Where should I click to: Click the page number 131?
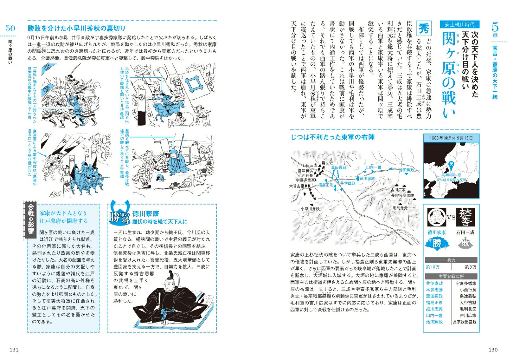point(14,350)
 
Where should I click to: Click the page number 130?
point(493,350)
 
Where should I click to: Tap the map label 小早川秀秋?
point(310,209)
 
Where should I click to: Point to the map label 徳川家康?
point(367,179)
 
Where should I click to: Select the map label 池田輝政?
point(407,170)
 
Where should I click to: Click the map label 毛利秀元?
point(400,208)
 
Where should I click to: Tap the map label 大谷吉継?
point(297,186)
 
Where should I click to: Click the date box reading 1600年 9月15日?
point(451,138)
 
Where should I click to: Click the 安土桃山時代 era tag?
point(459,24)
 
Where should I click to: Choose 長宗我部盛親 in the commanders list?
point(465,322)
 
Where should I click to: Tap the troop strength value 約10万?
point(433,267)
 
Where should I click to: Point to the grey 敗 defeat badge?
point(465,243)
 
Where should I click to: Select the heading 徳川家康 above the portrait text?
point(146,214)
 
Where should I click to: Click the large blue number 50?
point(10,28)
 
